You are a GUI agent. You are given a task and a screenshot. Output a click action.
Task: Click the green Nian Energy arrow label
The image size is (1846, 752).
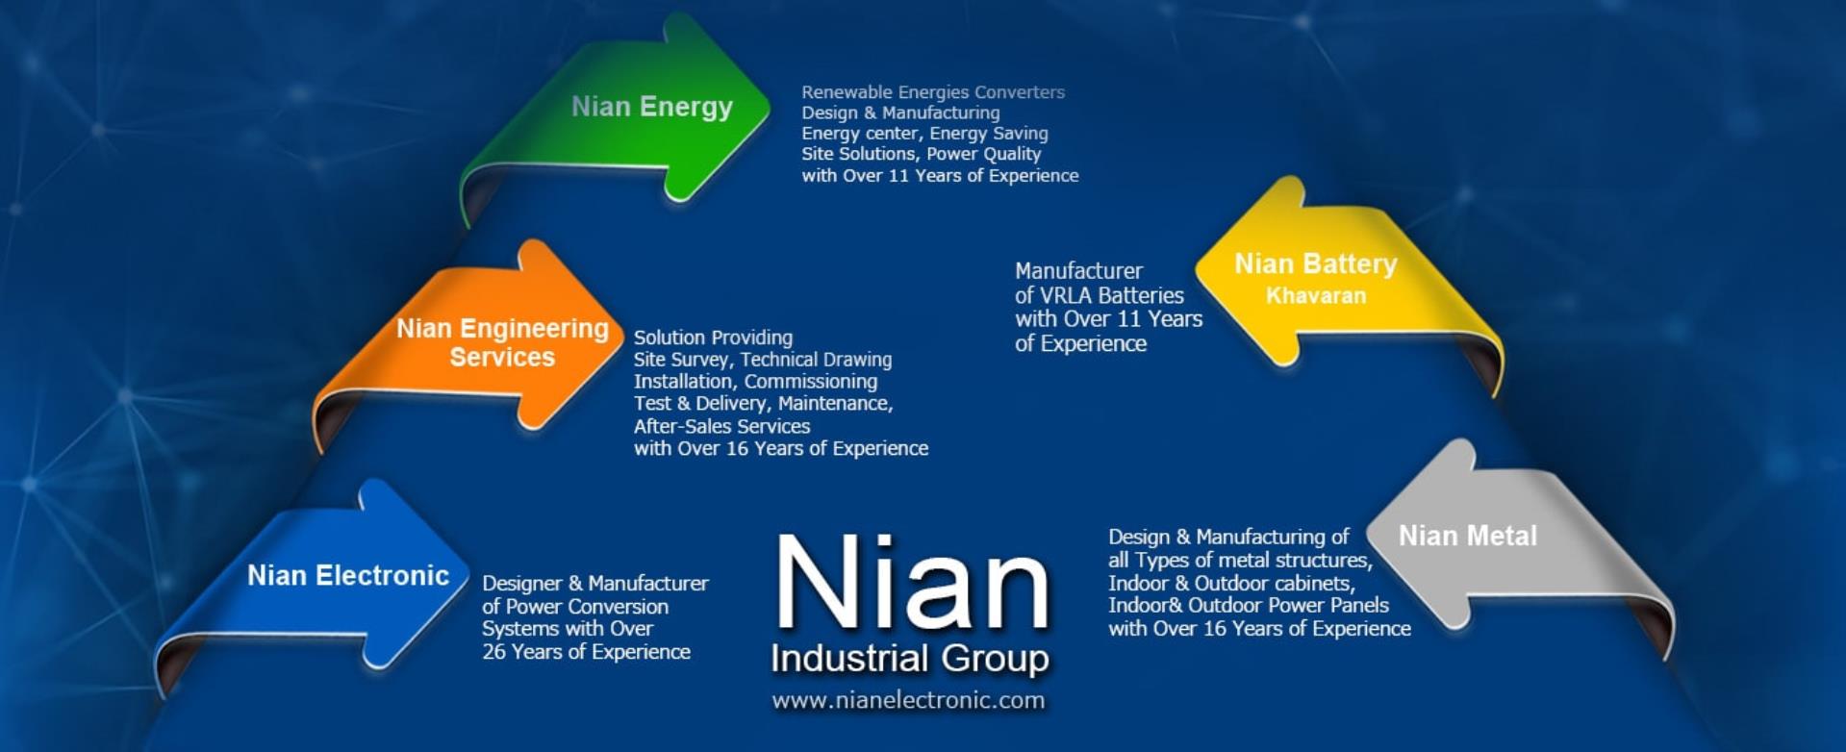(x=652, y=107)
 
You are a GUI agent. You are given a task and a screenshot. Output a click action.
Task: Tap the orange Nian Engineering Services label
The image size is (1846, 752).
(x=502, y=342)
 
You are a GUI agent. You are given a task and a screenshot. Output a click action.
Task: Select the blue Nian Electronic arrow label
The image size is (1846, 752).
(x=348, y=575)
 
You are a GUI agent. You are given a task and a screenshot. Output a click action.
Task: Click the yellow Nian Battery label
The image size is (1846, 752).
(x=1316, y=263)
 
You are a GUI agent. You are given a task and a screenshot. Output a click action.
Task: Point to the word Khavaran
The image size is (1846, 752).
(x=1316, y=295)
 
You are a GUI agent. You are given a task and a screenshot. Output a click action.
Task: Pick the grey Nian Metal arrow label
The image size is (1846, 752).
(x=1468, y=536)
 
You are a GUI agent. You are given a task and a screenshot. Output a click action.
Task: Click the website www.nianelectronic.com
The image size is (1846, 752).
(x=908, y=700)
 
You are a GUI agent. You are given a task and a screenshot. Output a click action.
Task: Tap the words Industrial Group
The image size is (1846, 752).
(x=910, y=659)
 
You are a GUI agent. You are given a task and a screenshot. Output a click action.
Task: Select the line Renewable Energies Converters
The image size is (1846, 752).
(x=933, y=92)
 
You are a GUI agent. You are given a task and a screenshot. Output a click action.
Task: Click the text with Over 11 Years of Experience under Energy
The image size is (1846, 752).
(x=940, y=176)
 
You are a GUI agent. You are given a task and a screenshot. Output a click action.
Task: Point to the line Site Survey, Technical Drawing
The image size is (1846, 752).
(x=763, y=360)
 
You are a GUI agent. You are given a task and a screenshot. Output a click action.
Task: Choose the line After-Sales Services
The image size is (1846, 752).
(x=721, y=426)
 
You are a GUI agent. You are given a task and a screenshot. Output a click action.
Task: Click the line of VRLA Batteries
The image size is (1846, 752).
(x=1100, y=295)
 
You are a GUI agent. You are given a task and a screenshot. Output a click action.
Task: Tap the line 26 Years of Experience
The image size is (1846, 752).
(x=586, y=652)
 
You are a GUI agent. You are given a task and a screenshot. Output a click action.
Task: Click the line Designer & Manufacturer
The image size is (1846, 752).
(x=595, y=583)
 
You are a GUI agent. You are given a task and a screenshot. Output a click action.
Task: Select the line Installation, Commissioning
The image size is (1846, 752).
(x=755, y=382)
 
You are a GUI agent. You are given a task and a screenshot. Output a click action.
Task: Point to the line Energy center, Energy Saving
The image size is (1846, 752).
(x=924, y=134)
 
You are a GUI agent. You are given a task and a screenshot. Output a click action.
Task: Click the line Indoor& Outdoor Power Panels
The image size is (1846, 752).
(x=1249, y=605)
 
